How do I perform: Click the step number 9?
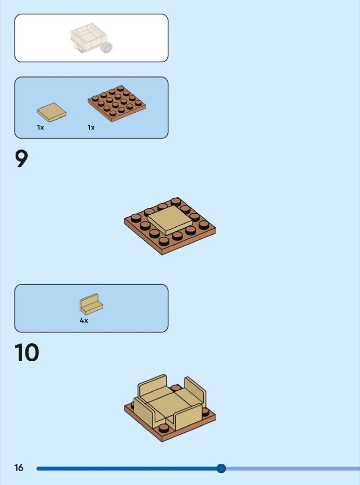coord(21,159)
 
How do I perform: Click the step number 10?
coord(27,352)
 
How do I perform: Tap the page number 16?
coord(18,467)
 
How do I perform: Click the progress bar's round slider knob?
coord(221,469)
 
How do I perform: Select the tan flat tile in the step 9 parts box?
coord(52,112)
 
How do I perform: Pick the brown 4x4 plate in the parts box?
coord(117,103)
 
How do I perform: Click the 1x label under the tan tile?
coord(41,127)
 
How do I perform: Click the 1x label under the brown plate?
coord(92,127)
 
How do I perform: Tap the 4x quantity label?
coord(84,321)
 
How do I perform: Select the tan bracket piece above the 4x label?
coord(92,304)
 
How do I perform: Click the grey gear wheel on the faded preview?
coord(106,47)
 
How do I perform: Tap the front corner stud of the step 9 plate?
coord(164,241)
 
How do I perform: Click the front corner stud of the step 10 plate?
coord(164,428)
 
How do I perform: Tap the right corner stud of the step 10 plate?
coord(205,412)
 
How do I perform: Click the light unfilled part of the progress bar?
coord(293,469)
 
